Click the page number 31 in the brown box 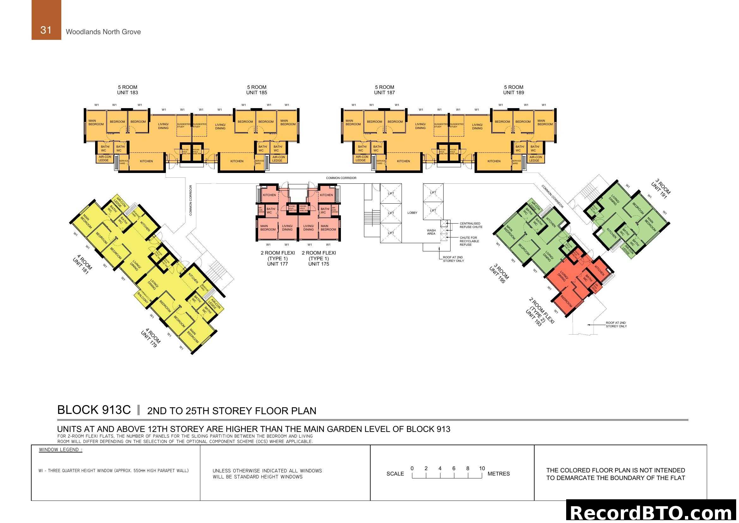(46, 30)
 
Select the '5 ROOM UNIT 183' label (127, 90)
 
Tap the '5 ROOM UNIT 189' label (513, 90)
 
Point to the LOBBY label (412, 213)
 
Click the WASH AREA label (431, 232)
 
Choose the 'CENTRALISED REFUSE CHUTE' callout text (470, 225)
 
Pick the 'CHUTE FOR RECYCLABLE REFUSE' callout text (469, 241)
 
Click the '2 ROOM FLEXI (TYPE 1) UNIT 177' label (277, 258)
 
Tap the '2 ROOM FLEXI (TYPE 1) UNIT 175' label (319, 258)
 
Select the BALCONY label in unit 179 (142, 298)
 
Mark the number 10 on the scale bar (482, 468)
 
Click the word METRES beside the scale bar (499, 474)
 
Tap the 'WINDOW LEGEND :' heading (61, 450)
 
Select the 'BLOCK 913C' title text (94, 410)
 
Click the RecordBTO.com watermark (652, 513)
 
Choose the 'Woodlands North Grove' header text (103, 32)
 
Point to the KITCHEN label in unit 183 (146, 161)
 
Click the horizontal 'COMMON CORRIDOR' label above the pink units (341, 178)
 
